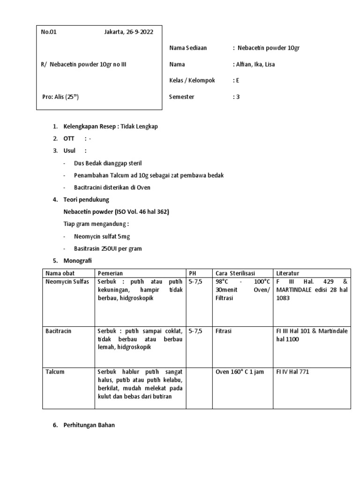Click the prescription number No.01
(x=48, y=32)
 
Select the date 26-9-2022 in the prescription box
(x=139, y=32)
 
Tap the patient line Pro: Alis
(x=60, y=97)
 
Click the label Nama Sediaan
(x=187, y=48)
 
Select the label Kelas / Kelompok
(x=192, y=80)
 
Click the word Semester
(x=181, y=97)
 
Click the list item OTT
(x=68, y=139)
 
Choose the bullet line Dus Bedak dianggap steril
(x=107, y=163)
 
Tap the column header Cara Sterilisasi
(x=235, y=273)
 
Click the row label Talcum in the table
(x=55, y=372)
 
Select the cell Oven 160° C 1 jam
(x=240, y=372)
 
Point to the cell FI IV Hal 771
(x=292, y=372)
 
